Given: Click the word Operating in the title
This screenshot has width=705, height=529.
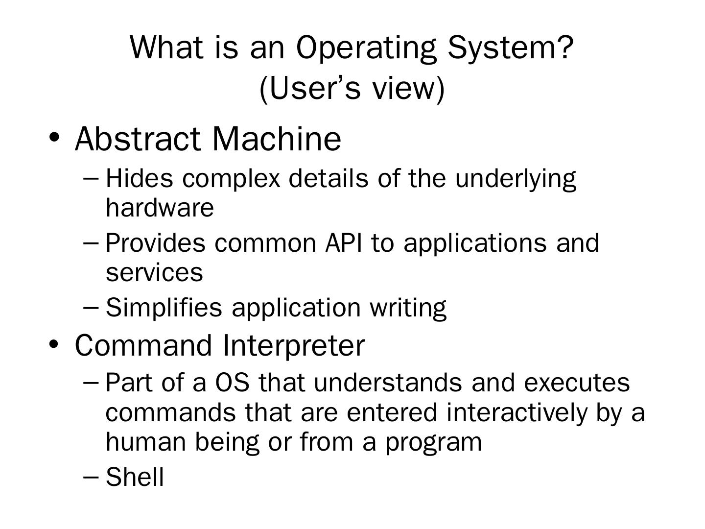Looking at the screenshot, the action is coord(366,49).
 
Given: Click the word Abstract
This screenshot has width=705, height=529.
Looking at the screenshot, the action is coord(138,139).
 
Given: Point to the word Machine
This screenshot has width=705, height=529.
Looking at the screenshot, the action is coord(277,139).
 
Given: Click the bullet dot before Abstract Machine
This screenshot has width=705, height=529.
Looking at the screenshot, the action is coord(54,138).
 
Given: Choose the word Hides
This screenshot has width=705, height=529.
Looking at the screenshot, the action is coord(140,178).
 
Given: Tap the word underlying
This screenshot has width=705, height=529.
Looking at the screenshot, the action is coord(516,179).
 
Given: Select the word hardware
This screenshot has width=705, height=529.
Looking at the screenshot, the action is coord(160,208).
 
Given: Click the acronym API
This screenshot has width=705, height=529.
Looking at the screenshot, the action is coord(343,243).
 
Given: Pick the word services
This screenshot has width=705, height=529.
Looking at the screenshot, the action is coord(154,273).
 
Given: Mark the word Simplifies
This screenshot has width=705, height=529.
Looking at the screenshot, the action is coord(164,308).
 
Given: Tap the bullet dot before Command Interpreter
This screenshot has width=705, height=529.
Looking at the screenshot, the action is coord(54,344).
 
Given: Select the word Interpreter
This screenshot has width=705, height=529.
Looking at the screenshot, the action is coord(294,346).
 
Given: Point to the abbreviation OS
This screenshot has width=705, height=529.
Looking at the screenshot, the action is coord(232,383).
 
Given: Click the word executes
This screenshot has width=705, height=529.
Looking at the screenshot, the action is coord(577,383).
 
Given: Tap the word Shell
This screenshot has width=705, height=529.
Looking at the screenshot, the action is coord(135,477).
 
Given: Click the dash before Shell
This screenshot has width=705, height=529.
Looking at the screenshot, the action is coord(91,477).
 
